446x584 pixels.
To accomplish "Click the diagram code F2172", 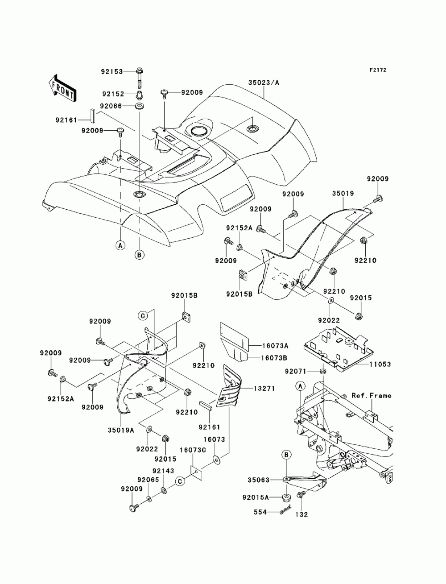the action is click(x=378, y=70).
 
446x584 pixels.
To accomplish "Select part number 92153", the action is click(x=111, y=71).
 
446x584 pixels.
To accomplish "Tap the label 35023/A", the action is click(x=264, y=83).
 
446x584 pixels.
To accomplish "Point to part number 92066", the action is click(x=111, y=106).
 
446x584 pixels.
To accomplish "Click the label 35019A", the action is click(x=121, y=430).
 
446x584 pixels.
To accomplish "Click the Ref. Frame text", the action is click(x=372, y=396).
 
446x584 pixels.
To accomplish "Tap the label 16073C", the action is click(x=193, y=450).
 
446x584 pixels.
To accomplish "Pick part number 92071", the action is click(x=295, y=371).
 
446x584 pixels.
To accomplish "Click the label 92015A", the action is click(x=256, y=497).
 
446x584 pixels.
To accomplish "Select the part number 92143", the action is click(x=163, y=471).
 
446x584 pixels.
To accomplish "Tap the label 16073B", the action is click(x=275, y=358).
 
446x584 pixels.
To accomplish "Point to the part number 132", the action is click(x=301, y=514).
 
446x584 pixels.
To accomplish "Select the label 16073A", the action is click(x=275, y=346).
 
